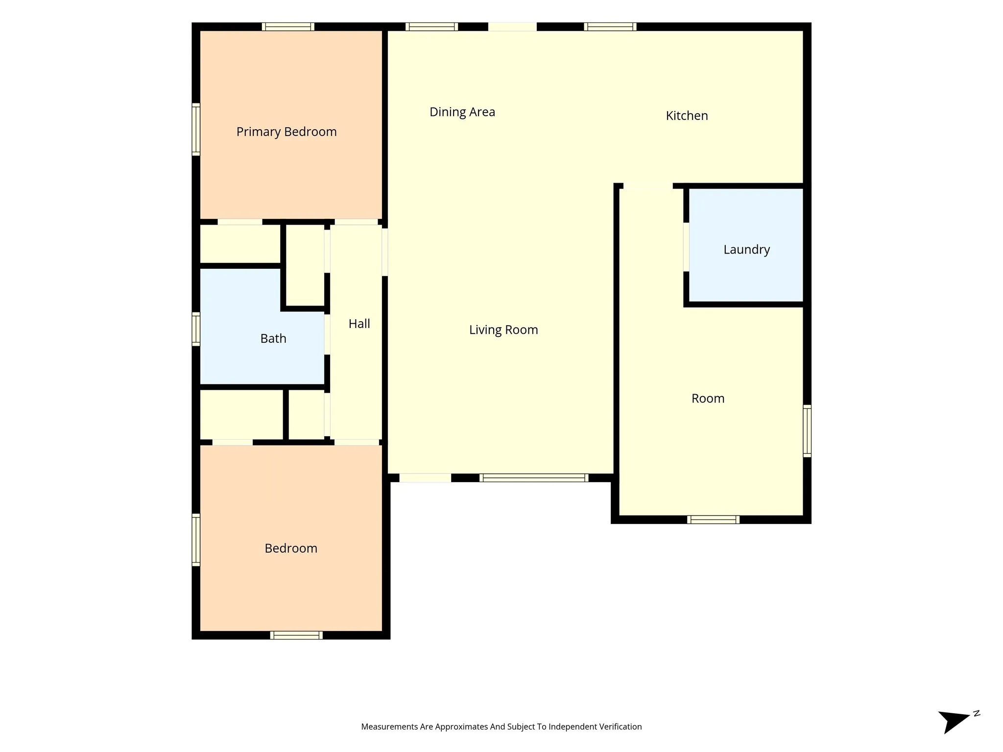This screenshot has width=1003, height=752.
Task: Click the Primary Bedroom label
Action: tap(287, 132)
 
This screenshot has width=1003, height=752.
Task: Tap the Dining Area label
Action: tap(462, 112)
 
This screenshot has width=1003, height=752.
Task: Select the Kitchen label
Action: tap(687, 116)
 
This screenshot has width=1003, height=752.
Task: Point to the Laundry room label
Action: tap(746, 250)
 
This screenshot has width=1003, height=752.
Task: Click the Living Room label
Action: tap(503, 330)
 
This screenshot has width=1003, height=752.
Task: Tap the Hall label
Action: tap(359, 324)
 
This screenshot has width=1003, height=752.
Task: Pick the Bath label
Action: tap(273, 338)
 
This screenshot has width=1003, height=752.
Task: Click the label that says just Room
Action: tap(708, 399)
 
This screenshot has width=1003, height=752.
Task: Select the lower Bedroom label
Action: tap(291, 548)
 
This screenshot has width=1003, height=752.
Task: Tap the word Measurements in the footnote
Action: tap(389, 727)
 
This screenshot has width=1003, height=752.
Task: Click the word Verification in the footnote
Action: tap(619, 727)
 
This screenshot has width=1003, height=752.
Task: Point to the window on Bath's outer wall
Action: tap(196, 329)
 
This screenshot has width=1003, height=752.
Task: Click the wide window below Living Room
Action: tap(534, 478)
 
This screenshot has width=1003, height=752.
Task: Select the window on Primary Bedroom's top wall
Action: tap(288, 27)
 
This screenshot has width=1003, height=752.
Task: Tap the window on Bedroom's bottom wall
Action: tap(296, 635)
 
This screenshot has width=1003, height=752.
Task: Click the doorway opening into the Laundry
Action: tap(686, 247)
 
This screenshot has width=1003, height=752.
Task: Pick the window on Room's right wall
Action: tap(807, 431)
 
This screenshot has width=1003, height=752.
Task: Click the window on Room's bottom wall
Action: tap(713, 519)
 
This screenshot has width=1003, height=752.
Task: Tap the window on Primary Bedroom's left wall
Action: tap(196, 129)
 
